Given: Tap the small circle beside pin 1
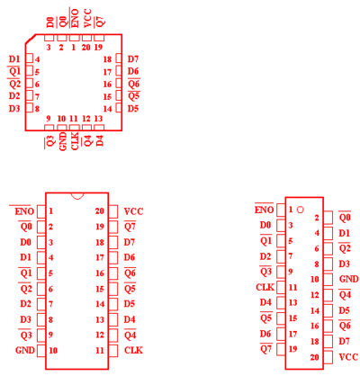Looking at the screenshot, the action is pos(300,210).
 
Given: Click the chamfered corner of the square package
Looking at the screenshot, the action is pos(31,40).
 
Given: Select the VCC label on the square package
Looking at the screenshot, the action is pos(87,18).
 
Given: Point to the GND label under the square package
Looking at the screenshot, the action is pos(63,141).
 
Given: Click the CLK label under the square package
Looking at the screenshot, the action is pos(75,140).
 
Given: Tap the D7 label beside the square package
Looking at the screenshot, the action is pos(133,59).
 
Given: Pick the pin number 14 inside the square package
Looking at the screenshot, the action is pos(107,109).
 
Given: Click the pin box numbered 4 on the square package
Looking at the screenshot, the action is pos(29,58).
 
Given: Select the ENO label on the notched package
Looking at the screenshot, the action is pos(24,211).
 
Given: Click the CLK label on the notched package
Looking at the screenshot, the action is pos(133,350).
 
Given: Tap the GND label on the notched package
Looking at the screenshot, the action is pos(25,350).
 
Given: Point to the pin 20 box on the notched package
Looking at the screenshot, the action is pos(112,211).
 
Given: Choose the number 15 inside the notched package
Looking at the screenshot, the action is pos(100,289).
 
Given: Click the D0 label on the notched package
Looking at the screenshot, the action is pos(25,242).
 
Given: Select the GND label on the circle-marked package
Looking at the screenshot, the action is pos(349,279).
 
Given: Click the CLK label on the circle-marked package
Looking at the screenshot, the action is pos(265,287).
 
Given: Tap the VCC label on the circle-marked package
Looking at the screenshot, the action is pos(348,357).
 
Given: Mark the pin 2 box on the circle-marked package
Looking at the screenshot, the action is pos(328,218).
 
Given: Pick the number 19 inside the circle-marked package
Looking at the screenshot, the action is pos(292,349).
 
